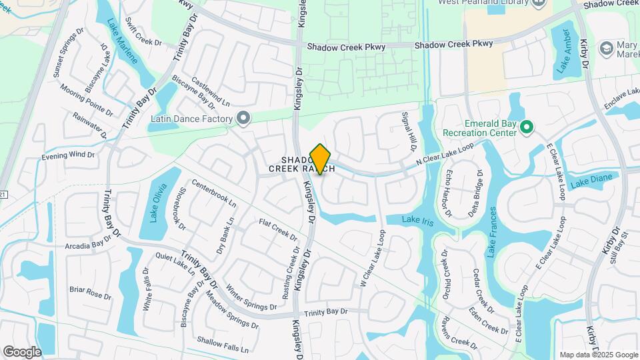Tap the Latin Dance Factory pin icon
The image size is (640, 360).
click(x=243, y=119)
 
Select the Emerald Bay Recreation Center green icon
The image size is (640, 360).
click(x=526, y=127)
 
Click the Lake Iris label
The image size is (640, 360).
click(x=419, y=221)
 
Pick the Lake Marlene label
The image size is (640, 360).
click(x=122, y=40)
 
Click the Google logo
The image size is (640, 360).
click(x=22, y=351)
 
